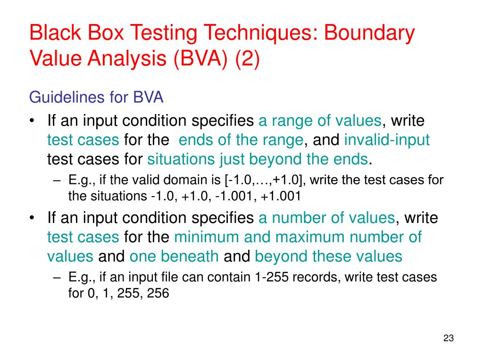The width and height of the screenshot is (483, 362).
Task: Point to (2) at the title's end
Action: click(x=247, y=60)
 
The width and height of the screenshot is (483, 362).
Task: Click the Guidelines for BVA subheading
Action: click(x=96, y=98)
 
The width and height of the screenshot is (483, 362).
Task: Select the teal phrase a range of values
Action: click(x=319, y=121)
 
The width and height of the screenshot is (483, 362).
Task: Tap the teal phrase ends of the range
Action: click(x=241, y=140)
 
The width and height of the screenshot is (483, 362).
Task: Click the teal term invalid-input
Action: click(x=387, y=140)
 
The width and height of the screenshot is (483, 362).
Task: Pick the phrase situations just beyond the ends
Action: click(x=258, y=160)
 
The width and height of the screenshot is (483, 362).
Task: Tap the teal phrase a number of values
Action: click(x=326, y=218)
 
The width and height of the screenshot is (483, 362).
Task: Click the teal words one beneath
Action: click(x=174, y=256)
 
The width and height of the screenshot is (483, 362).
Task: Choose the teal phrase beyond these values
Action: click(x=328, y=256)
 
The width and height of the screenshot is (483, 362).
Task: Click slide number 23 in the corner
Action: click(x=448, y=338)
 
